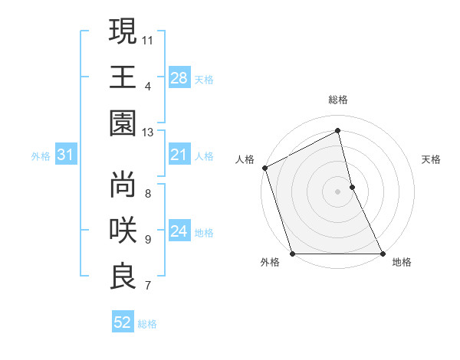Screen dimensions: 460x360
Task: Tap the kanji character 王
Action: click(x=123, y=77)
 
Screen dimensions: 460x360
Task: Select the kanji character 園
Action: click(x=123, y=123)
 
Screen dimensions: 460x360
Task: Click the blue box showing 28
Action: click(x=179, y=78)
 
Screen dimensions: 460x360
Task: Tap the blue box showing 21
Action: click(x=179, y=155)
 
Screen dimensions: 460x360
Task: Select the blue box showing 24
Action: click(x=179, y=232)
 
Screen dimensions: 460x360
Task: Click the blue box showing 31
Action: click(x=66, y=155)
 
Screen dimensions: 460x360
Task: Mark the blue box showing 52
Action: click(x=123, y=323)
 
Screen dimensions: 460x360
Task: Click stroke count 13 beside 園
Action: click(x=147, y=133)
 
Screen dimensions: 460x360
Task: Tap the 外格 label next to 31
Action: click(x=41, y=156)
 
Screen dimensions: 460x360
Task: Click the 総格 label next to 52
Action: click(x=147, y=324)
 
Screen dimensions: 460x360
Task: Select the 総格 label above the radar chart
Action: click(x=338, y=100)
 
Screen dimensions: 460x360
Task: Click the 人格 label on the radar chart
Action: click(x=245, y=159)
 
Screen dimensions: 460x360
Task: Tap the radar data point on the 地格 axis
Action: click(x=382, y=254)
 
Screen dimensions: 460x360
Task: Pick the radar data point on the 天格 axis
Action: click(x=352, y=187)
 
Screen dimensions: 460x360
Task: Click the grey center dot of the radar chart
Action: click(x=337, y=191)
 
